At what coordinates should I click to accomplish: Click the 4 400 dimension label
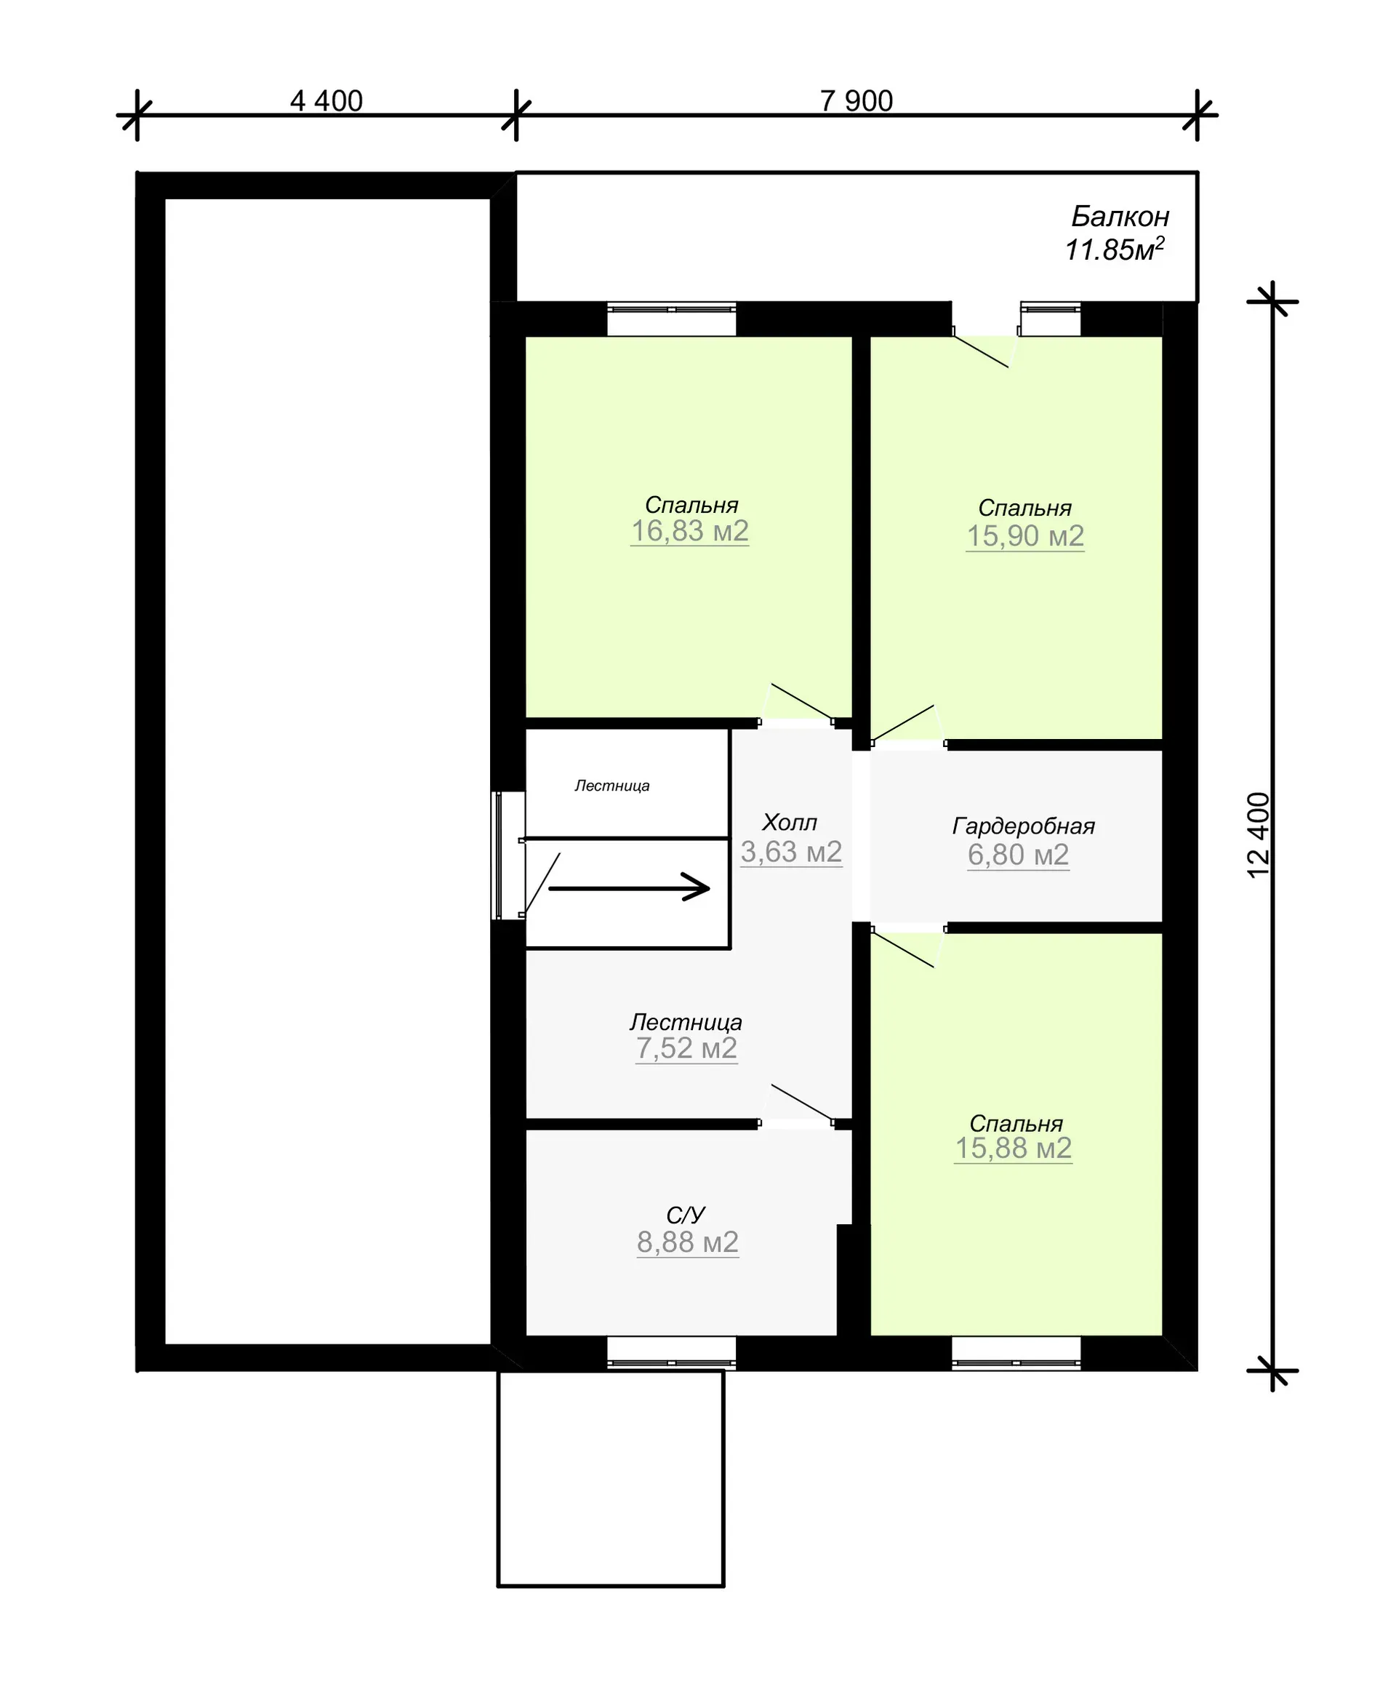coord(326,100)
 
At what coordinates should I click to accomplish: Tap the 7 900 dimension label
coord(857,100)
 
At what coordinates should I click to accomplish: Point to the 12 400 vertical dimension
coord(1259,836)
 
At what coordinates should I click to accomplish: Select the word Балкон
coord(1120,216)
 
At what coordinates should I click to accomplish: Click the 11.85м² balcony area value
coord(1115,249)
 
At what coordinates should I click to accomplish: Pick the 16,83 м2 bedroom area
coord(690,531)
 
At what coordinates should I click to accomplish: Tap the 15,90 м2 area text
coord(1025,535)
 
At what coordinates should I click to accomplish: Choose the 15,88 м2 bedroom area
coord(1014,1149)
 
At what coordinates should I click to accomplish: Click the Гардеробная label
coord(1024,826)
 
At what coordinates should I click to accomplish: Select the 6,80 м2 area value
coord(1018,854)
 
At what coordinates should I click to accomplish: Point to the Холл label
coord(790,822)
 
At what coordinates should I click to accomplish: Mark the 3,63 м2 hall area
coord(791,852)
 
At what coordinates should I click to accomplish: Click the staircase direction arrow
coord(630,888)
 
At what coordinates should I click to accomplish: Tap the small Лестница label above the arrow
coord(612,785)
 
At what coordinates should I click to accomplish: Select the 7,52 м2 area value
coord(687,1048)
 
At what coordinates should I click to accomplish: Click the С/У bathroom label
coord(686,1215)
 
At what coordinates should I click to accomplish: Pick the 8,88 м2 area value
coord(688,1242)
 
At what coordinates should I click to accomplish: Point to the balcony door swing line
coord(981,351)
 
